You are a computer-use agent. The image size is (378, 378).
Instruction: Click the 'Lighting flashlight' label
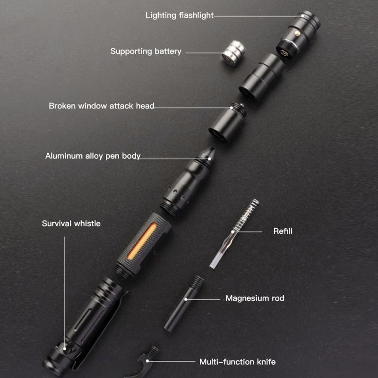point(180,16)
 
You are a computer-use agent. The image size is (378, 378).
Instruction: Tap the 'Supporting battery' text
point(146,52)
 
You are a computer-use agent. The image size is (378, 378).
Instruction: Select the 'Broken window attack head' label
point(102,106)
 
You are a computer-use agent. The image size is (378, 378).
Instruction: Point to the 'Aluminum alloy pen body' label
point(93,156)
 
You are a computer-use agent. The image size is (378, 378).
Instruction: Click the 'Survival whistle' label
point(71,223)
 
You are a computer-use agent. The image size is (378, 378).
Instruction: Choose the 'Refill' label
point(283,231)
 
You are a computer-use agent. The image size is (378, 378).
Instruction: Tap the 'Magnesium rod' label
point(255,298)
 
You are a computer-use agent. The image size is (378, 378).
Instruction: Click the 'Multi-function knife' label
point(238,362)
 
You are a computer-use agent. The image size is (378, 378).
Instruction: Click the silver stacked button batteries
point(233,53)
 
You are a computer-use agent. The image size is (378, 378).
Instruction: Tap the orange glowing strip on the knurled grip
point(142,241)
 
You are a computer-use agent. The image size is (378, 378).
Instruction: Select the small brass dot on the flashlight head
point(298,34)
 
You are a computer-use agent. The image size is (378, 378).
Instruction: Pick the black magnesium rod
point(184,304)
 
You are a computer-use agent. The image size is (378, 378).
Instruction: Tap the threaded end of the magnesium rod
point(197,282)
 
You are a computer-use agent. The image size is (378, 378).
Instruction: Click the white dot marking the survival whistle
point(65,349)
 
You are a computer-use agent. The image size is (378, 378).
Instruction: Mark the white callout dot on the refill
point(232,232)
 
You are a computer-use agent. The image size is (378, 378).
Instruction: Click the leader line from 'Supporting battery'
point(205,53)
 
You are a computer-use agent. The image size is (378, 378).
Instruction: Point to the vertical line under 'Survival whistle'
point(65,292)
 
